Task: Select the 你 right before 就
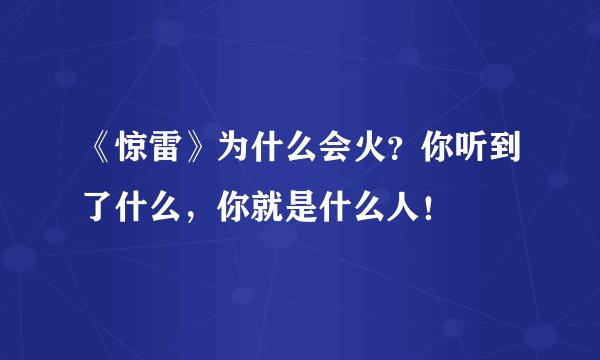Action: click(x=233, y=210)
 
